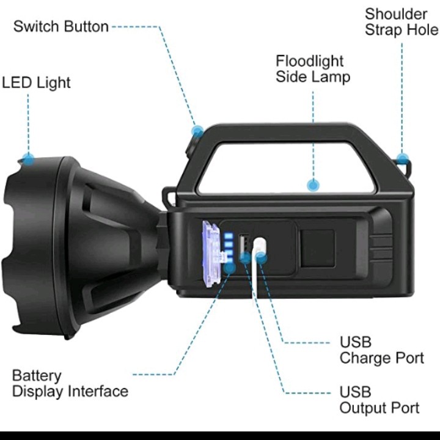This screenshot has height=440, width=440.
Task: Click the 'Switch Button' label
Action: tap(61, 27)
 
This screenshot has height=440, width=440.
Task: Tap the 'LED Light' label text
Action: tap(37, 82)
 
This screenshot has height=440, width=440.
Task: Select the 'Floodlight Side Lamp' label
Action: tap(312, 68)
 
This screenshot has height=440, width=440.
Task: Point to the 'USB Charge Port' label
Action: tap(381, 350)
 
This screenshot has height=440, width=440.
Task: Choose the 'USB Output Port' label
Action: tap(379, 400)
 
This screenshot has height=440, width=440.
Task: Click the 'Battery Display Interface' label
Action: tap(70, 383)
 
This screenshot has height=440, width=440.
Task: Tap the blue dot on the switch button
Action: tap(197, 130)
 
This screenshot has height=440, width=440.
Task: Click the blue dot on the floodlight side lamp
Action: tap(313, 184)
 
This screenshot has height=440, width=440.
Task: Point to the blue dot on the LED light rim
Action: tap(28, 158)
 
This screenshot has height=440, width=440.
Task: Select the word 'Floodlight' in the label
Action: tap(309, 61)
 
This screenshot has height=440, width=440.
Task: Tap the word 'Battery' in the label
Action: tap(37, 375)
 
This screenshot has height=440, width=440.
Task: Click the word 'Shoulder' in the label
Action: tap(396, 13)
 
